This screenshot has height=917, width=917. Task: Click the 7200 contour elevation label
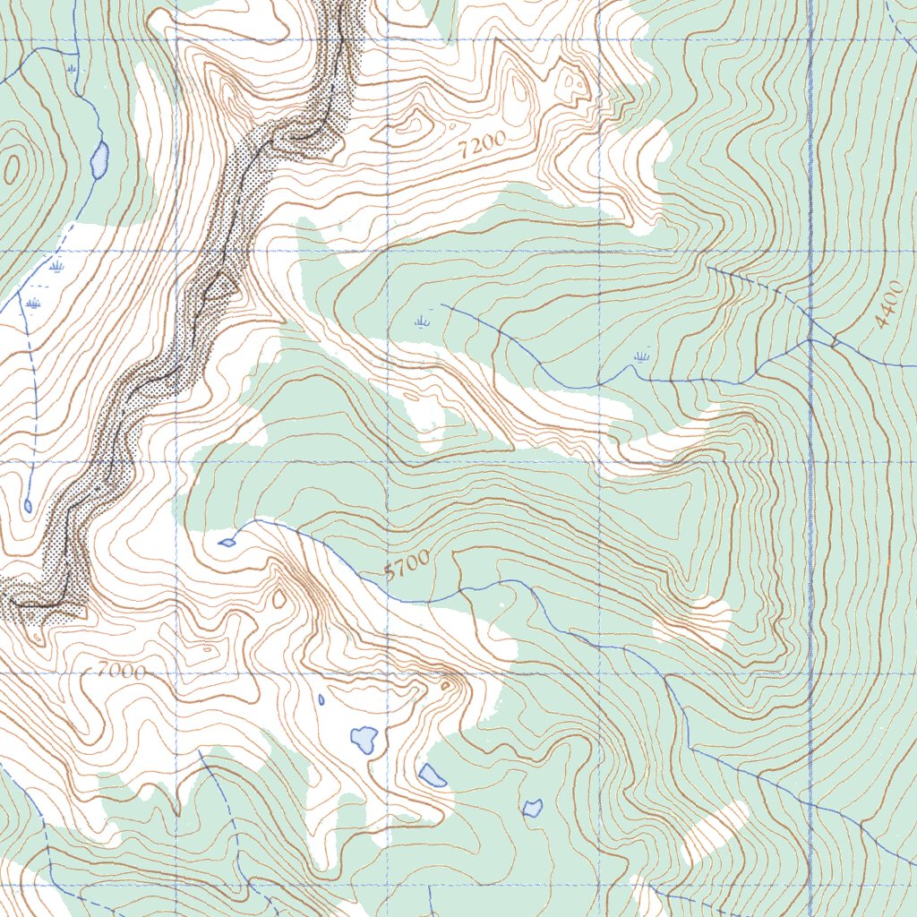tap(483, 145)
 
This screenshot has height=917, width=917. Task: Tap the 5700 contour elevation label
tap(407, 567)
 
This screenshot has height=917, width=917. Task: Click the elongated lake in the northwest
tap(99, 159)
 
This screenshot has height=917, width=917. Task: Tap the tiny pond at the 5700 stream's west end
tap(227, 542)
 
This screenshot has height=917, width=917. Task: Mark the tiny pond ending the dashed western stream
tap(28, 506)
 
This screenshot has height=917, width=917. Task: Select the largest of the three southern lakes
tap(364, 739)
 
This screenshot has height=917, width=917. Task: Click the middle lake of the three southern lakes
tap(432, 775)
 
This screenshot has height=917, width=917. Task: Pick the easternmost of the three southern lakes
tap(533, 808)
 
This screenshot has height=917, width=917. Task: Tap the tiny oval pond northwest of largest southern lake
tap(321, 698)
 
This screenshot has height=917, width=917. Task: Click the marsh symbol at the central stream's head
tap(423, 320)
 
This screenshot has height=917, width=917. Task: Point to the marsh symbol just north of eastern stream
tap(640, 357)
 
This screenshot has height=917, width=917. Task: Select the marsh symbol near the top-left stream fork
tap(71, 67)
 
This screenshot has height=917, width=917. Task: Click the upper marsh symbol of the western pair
tap(57, 266)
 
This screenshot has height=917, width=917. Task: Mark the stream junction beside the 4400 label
tap(809, 340)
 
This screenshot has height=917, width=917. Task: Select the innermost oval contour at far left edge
tap(12, 167)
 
